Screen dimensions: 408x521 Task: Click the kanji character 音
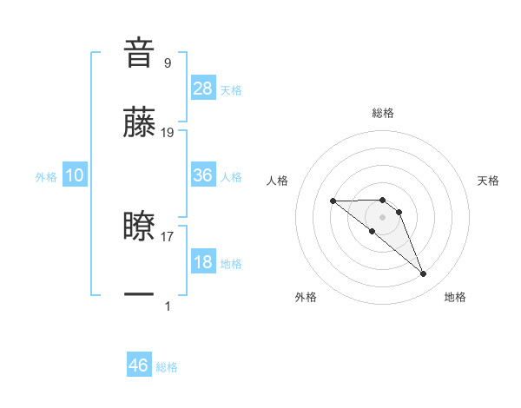click(x=139, y=53)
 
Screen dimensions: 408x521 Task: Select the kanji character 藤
click(x=139, y=122)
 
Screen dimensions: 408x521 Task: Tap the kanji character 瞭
click(x=139, y=227)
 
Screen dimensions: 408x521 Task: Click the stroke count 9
click(x=168, y=63)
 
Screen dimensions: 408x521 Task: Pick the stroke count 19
click(x=168, y=132)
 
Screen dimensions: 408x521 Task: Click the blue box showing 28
click(x=203, y=89)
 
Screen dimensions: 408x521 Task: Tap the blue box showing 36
click(x=203, y=175)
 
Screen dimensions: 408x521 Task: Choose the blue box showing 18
click(x=203, y=262)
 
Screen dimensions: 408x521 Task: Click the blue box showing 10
click(x=75, y=175)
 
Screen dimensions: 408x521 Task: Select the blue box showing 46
click(x=139, y=365)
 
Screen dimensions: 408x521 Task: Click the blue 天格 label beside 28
click(x=231, y=90)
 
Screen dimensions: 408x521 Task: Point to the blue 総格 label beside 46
click(x=167, y=367)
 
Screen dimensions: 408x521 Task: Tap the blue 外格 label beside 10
click(x=46, y=177)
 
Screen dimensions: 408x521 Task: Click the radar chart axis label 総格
click(x=382, y=113)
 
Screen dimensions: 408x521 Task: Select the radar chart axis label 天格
click(x=488, y=181)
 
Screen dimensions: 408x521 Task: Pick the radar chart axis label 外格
click(x=306, y=297)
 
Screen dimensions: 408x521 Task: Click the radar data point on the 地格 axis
click(x=424, y=274)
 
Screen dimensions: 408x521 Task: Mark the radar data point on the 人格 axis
click(x=333, y=201)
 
